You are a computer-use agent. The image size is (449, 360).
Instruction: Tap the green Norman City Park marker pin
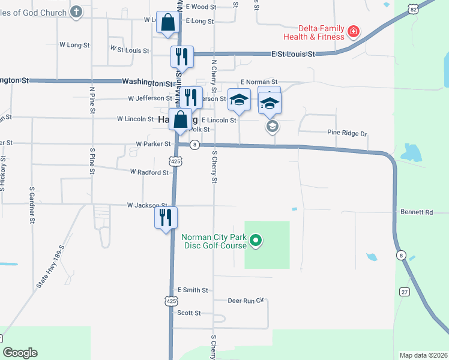point(256,241)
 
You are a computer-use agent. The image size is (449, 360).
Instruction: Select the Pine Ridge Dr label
point(346,132)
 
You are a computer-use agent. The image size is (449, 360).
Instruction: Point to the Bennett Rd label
point(417,212)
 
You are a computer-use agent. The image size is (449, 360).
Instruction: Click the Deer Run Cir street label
point(246,300)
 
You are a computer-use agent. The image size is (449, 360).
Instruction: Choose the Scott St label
point(188,313)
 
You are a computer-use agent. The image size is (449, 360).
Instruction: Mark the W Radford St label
point(149,172)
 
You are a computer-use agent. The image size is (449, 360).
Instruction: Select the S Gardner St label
point(32,205)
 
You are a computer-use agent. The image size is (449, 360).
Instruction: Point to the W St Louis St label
point(130,50)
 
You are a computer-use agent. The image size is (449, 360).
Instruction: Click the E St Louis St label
point(293,54)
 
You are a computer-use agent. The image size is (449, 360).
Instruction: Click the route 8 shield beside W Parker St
point(194,145)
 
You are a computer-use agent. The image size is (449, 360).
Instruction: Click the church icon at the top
point(76,11)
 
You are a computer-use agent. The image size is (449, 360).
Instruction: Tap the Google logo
point(20,353)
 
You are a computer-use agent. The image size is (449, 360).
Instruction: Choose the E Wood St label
point(200,7)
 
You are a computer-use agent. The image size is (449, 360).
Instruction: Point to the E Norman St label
point(259,82)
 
